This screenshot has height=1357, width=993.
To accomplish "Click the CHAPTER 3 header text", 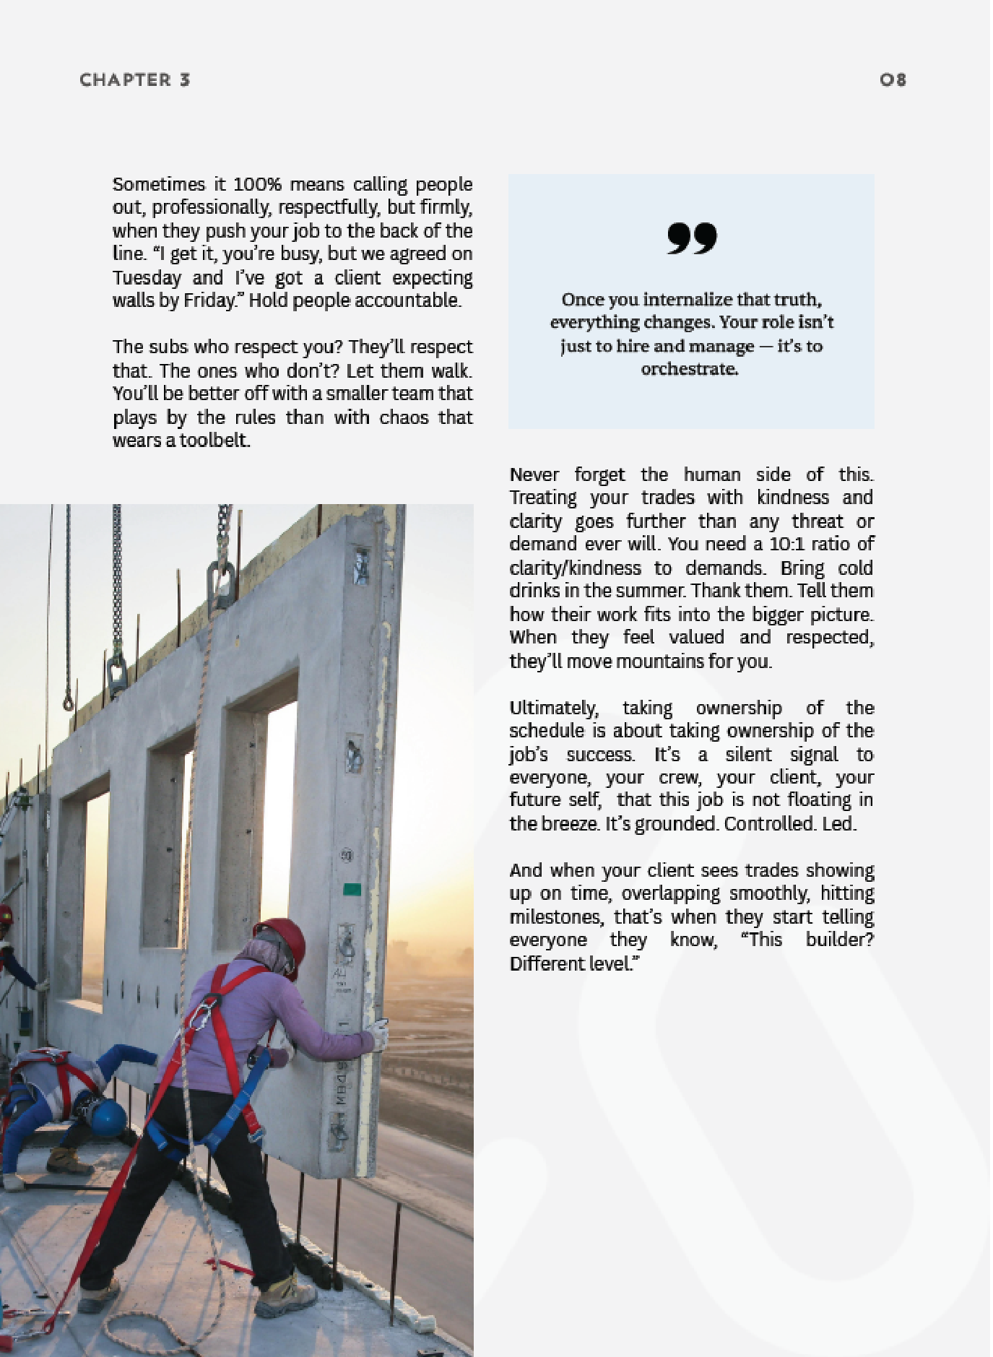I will [134, 80].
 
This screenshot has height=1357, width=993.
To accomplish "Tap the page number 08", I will [893, 80].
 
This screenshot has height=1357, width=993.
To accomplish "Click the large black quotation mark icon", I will [691, 239].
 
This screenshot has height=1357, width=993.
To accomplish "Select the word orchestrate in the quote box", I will [689, 369].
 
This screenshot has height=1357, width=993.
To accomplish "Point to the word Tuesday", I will [147, 277].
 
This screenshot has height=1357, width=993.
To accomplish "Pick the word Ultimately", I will [553, 708].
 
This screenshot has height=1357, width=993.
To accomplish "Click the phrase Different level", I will [573, 964].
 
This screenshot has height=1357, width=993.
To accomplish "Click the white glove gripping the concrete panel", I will [378, 1034].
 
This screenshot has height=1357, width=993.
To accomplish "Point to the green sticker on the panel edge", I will [352, 889].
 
